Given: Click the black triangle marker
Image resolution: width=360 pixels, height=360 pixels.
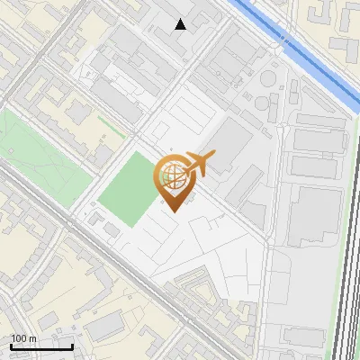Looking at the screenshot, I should [x=181, y=24].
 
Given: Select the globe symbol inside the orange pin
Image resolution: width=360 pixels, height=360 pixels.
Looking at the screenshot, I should [x=172, y=175].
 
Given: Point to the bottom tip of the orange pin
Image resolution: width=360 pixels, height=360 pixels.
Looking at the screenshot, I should [x=172, y=211].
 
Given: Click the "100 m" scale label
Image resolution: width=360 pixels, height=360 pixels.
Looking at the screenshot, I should [x=24, y=338].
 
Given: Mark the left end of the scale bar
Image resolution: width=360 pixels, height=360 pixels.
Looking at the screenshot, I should [x=11, y=346].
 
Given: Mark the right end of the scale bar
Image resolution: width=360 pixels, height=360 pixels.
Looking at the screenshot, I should [x=73, y=346].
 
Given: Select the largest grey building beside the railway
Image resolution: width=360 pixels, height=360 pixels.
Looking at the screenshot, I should [x=315, y=216].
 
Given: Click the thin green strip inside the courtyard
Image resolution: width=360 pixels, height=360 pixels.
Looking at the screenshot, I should [x=112, y=125].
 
